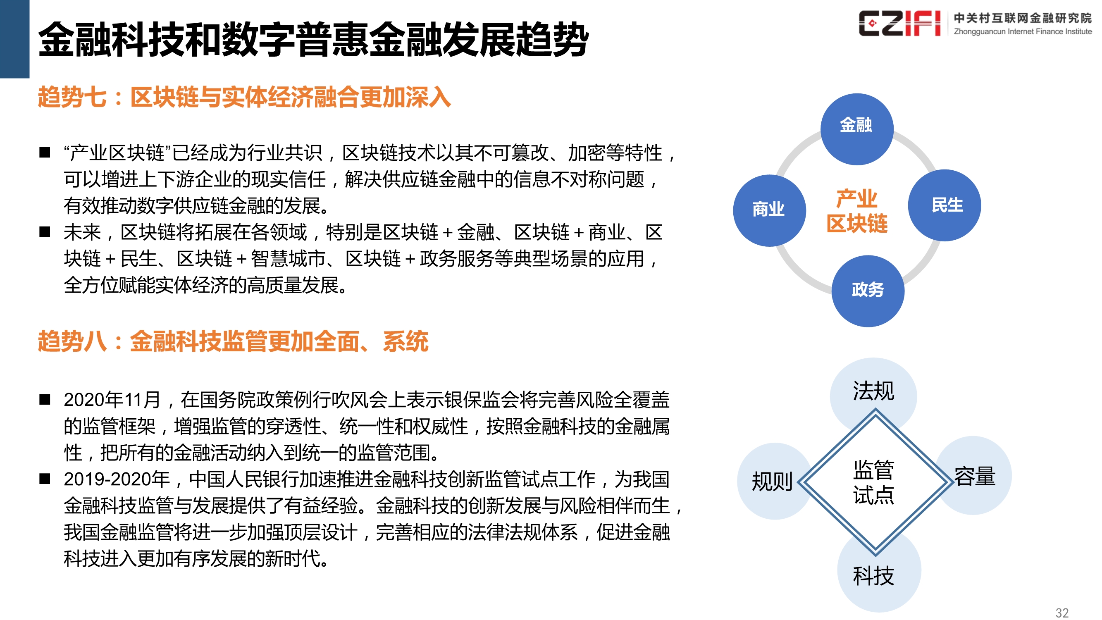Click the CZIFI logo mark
899,24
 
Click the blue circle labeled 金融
856,129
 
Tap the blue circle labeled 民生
944,205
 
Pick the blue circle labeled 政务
867,291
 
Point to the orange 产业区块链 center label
856,211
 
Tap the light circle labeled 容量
975,475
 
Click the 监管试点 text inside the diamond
873,482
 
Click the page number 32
1062,612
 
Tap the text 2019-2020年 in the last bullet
117,479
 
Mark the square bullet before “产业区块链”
45,153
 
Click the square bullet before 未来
45,232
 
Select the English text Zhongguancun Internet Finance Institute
1023,31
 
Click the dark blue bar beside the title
14,38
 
